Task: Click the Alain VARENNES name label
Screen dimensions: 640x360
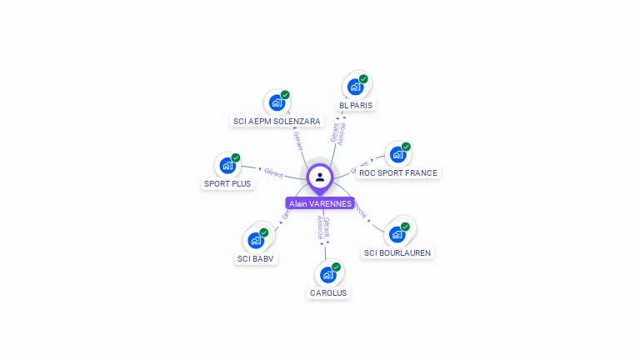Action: pyautogui.click(x=320, y=203)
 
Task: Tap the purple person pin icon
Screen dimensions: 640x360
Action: pyautogui.click(x=320, y=177)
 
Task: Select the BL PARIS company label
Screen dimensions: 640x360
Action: pyautogui.click(x=356, y=106)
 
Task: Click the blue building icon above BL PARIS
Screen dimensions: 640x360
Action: pyautogui.click(x=355, y=87)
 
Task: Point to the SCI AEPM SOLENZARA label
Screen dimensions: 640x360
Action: pyautogui.click(x=277, y=121)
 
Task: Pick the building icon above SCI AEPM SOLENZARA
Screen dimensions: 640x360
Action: pyautogui.click(x=277, y=103)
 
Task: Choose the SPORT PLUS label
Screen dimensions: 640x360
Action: pyautogui.click(x=227, y=183)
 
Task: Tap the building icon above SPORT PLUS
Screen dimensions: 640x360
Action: pyautogui.click(x=227, y=165)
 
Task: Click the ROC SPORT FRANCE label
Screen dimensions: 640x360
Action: pyautogui.click(x=397, y=173)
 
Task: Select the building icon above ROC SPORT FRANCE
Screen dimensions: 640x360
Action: pyautogui.click(x=397, y=154)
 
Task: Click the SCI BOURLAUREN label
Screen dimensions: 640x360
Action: pyautogui.click(x=398, y=252)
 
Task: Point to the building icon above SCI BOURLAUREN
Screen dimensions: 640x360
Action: pyautogui.click(x=397, y=234)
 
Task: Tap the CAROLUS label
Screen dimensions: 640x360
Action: pyautogui.click(x=328, y=292)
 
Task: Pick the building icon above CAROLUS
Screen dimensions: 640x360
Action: pyautogui.click(x=328, y=274)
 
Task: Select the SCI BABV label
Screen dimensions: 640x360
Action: pyautogui.click(x=256, y=258)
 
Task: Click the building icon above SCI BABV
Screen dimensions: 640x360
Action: pyautogui.click(x=256, y=240)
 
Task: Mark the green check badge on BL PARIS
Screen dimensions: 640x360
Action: pyautogui.click(x=363, y=79)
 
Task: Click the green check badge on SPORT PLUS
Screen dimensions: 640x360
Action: pyautogui.click(x=236, y=157)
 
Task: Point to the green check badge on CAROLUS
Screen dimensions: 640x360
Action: pyautogui.click(x=336, y=267)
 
